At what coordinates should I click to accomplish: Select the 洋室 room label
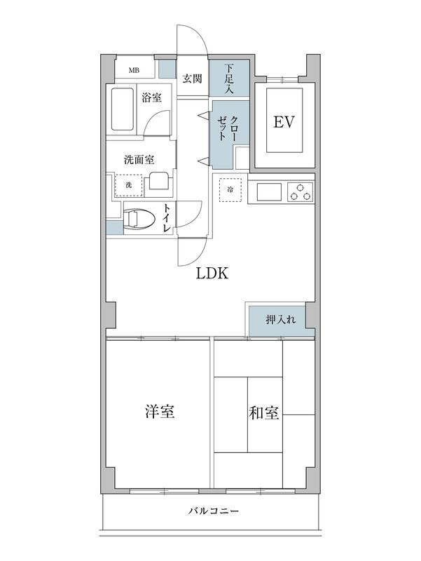[x=160, y=412]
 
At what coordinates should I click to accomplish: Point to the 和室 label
[x=264, y=412]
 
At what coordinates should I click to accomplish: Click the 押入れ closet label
[x=280, y=320]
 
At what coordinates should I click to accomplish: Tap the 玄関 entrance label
[x=193, y=79]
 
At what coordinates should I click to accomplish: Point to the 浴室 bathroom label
[x=151, y=97]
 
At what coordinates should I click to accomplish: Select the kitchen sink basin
[x=269, y=191]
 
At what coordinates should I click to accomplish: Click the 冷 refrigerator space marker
[x=230, y=188]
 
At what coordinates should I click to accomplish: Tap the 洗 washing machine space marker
[x=128, y=184]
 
